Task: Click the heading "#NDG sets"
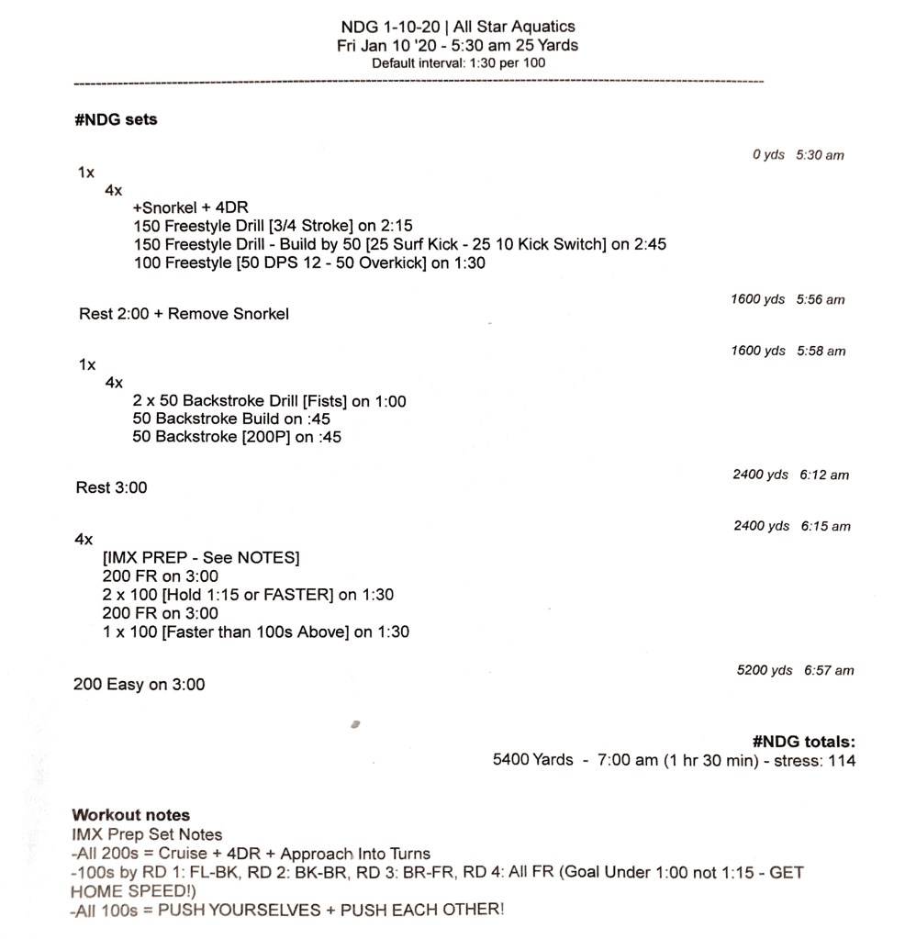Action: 116,119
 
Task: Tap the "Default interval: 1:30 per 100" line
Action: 458,63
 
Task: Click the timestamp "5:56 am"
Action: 821,299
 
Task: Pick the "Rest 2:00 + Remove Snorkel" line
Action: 184,314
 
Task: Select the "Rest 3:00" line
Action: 111,487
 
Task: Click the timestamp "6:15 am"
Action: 825,526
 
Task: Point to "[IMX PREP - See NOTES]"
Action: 201,558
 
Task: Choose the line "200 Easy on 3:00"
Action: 140,685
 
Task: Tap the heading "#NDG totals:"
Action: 803,742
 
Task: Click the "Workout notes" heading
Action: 131,815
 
